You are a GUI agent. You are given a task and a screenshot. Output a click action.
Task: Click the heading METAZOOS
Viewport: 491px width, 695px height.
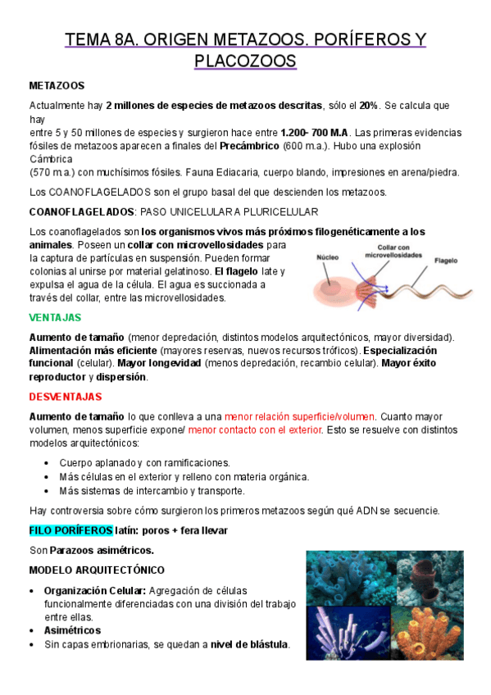57,85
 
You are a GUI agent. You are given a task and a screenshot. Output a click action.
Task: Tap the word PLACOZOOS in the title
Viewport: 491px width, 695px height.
245,61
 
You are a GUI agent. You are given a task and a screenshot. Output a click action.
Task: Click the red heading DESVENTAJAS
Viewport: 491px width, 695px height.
66,397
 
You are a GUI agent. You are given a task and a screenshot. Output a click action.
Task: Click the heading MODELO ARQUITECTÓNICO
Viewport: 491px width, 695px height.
97,570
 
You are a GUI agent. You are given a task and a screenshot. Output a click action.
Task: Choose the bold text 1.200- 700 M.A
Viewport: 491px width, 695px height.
316,133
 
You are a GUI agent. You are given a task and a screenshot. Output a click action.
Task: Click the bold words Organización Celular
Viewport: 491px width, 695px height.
95,590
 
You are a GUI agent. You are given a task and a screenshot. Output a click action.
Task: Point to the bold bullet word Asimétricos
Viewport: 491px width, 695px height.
72,630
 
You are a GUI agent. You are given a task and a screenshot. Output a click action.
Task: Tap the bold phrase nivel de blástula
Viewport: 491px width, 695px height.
249,644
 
